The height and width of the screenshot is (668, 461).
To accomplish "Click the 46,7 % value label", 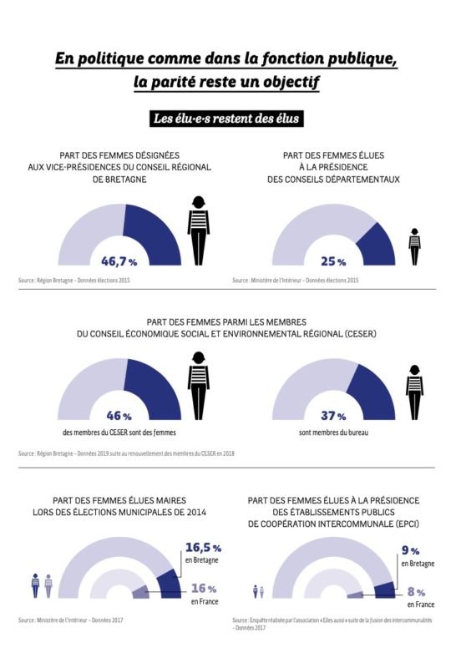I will pos(119,261).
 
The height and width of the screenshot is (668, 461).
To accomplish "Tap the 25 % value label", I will pos(334,261).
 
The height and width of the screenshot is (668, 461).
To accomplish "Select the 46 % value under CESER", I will pos(119,415).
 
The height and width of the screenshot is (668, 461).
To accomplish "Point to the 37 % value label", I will pos(334,415).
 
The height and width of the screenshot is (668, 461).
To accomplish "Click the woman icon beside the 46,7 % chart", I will pos(198,230).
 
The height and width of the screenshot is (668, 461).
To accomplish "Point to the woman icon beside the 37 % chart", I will pos(414,392).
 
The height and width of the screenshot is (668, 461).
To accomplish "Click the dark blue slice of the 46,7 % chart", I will pos(155,230).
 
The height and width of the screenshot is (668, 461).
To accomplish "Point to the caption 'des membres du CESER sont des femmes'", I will pos(118,434).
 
